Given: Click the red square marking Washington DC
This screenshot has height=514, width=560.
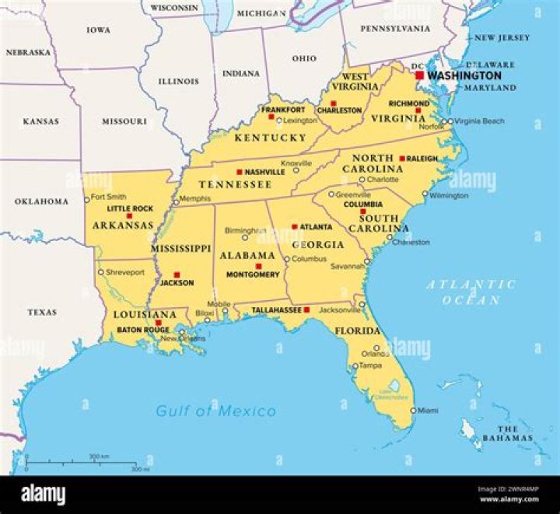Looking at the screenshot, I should coord(419,75).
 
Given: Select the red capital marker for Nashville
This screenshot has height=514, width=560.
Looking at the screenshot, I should coord(240,172).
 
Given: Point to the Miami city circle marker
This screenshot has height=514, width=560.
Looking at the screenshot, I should coord(413,410).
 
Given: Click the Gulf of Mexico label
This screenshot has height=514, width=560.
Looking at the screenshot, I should coord(215,411).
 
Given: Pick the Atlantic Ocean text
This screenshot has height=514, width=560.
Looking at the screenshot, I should coord(471,292).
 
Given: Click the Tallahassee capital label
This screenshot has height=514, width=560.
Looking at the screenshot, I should coord(276,309).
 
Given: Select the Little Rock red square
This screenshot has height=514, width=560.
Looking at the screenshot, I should coord(129,216).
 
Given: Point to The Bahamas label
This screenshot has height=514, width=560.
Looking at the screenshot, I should coord(508,434).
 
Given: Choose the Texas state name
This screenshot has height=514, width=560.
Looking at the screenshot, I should coord(42,312).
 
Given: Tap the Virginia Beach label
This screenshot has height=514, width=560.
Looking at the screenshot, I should coord(480,121).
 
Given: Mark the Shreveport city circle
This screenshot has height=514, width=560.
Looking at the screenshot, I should coord(100,272).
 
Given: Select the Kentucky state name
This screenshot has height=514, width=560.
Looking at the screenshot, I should coord(271,138).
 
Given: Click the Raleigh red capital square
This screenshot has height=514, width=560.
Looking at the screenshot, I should coord(402,158).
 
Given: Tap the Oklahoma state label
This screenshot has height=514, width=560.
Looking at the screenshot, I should coord(41,201).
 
